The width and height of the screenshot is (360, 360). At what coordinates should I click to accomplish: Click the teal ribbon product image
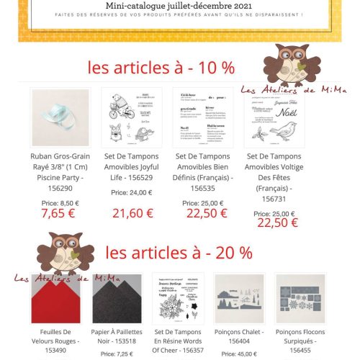60,117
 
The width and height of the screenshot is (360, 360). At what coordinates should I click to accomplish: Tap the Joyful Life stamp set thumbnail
130,117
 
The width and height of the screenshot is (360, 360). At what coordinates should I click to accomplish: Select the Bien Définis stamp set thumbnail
202,117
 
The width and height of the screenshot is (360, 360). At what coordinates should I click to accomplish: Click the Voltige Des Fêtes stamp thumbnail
274,117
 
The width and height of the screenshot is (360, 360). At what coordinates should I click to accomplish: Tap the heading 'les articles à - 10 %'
161,68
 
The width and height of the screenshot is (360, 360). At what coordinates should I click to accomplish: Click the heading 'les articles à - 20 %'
179,253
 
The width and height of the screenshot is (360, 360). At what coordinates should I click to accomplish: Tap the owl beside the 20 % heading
63,253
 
